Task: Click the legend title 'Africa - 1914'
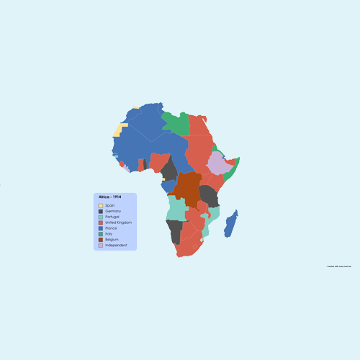(x=110, y=197)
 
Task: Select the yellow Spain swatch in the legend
(x=101, y=205)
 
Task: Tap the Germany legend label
(x=113, y=211)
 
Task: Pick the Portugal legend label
(x=113, y=217)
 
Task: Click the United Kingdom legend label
(x=118, y=222)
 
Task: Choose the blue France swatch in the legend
(x=101, y=228)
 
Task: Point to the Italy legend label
(x=109, y=234)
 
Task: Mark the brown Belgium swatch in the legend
(x=101, y=240)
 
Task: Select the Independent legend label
(x=116, y=246)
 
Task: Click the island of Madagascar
(x=231, y=224)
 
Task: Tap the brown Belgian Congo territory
(x=189, y=186)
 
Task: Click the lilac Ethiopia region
(x=218, y=163)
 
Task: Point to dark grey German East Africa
(x=209, y=195)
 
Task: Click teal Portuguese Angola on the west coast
(x=175, y=208)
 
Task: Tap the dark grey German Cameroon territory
(x=170, y=170)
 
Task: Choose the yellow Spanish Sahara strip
(x=118, y=130)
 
